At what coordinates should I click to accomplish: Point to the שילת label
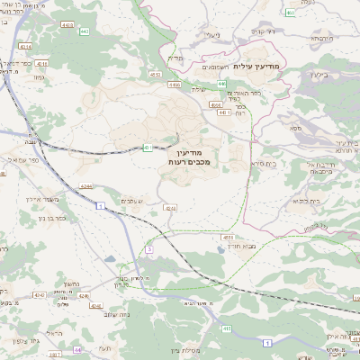point(199,89)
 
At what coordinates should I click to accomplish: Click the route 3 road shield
point(149,247)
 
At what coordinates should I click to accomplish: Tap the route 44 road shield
point(77,348)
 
